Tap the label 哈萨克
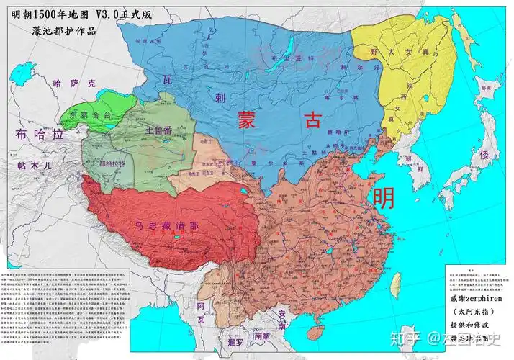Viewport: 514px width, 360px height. (72, 84)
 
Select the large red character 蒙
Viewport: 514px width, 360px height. (249, 120)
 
